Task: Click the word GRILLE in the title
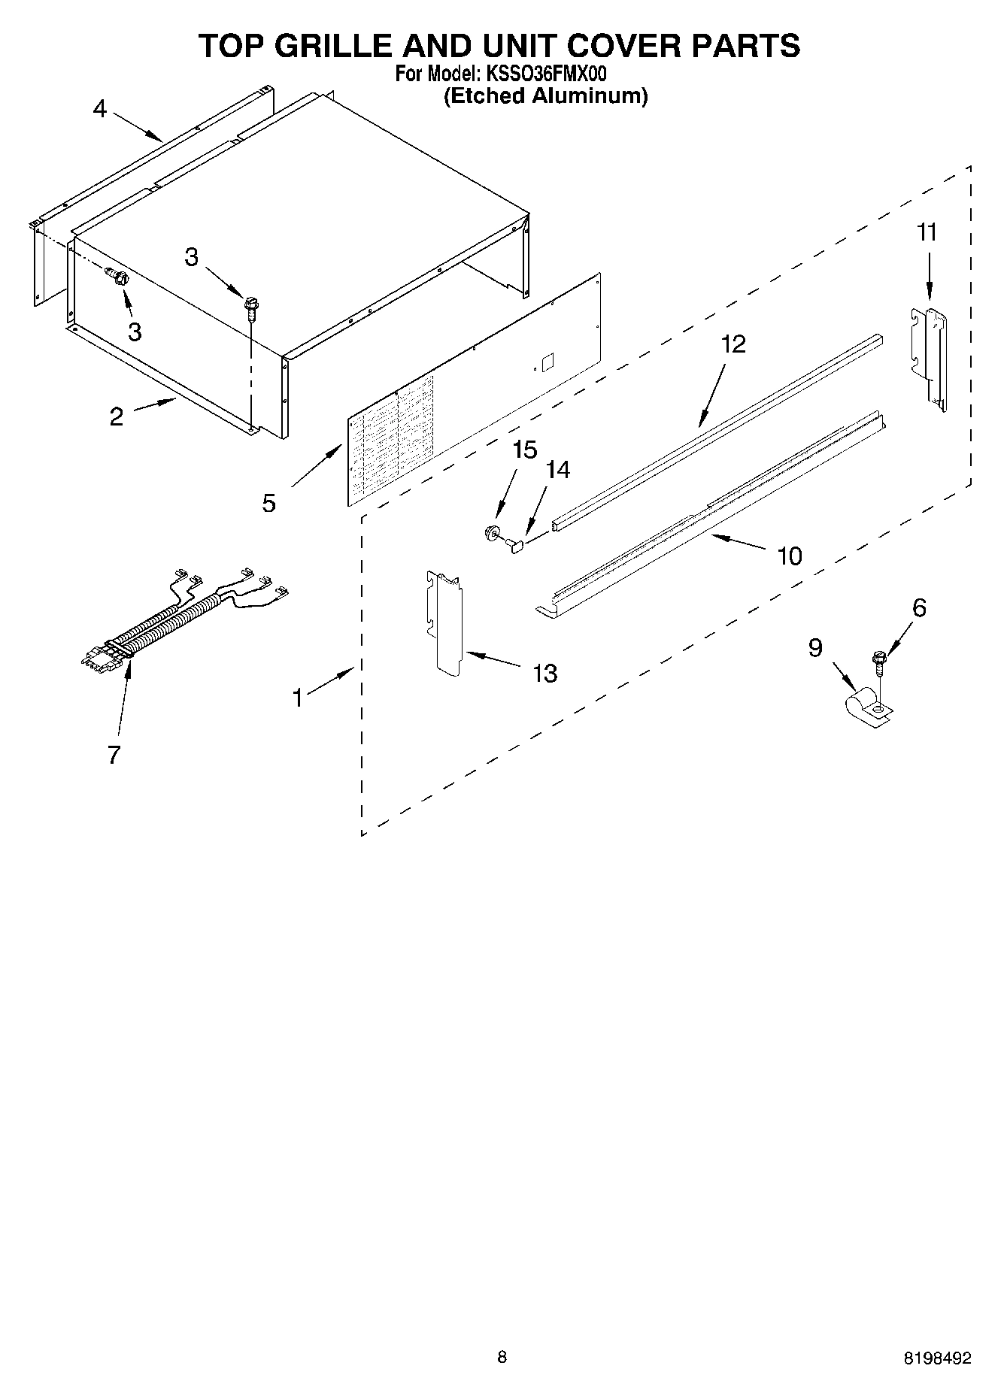[332, 47]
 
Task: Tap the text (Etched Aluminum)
[545, 96]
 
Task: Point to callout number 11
[927, 232]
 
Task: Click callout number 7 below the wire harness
[114, 754]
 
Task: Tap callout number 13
[544, 673]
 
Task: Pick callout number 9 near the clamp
[816, 647]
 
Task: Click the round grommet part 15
[493, 533]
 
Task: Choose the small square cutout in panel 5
[548, 361]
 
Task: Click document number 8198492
[937, 1358]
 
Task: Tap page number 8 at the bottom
[502, 1357]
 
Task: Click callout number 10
[790, 556]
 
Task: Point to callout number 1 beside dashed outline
[298, 698]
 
